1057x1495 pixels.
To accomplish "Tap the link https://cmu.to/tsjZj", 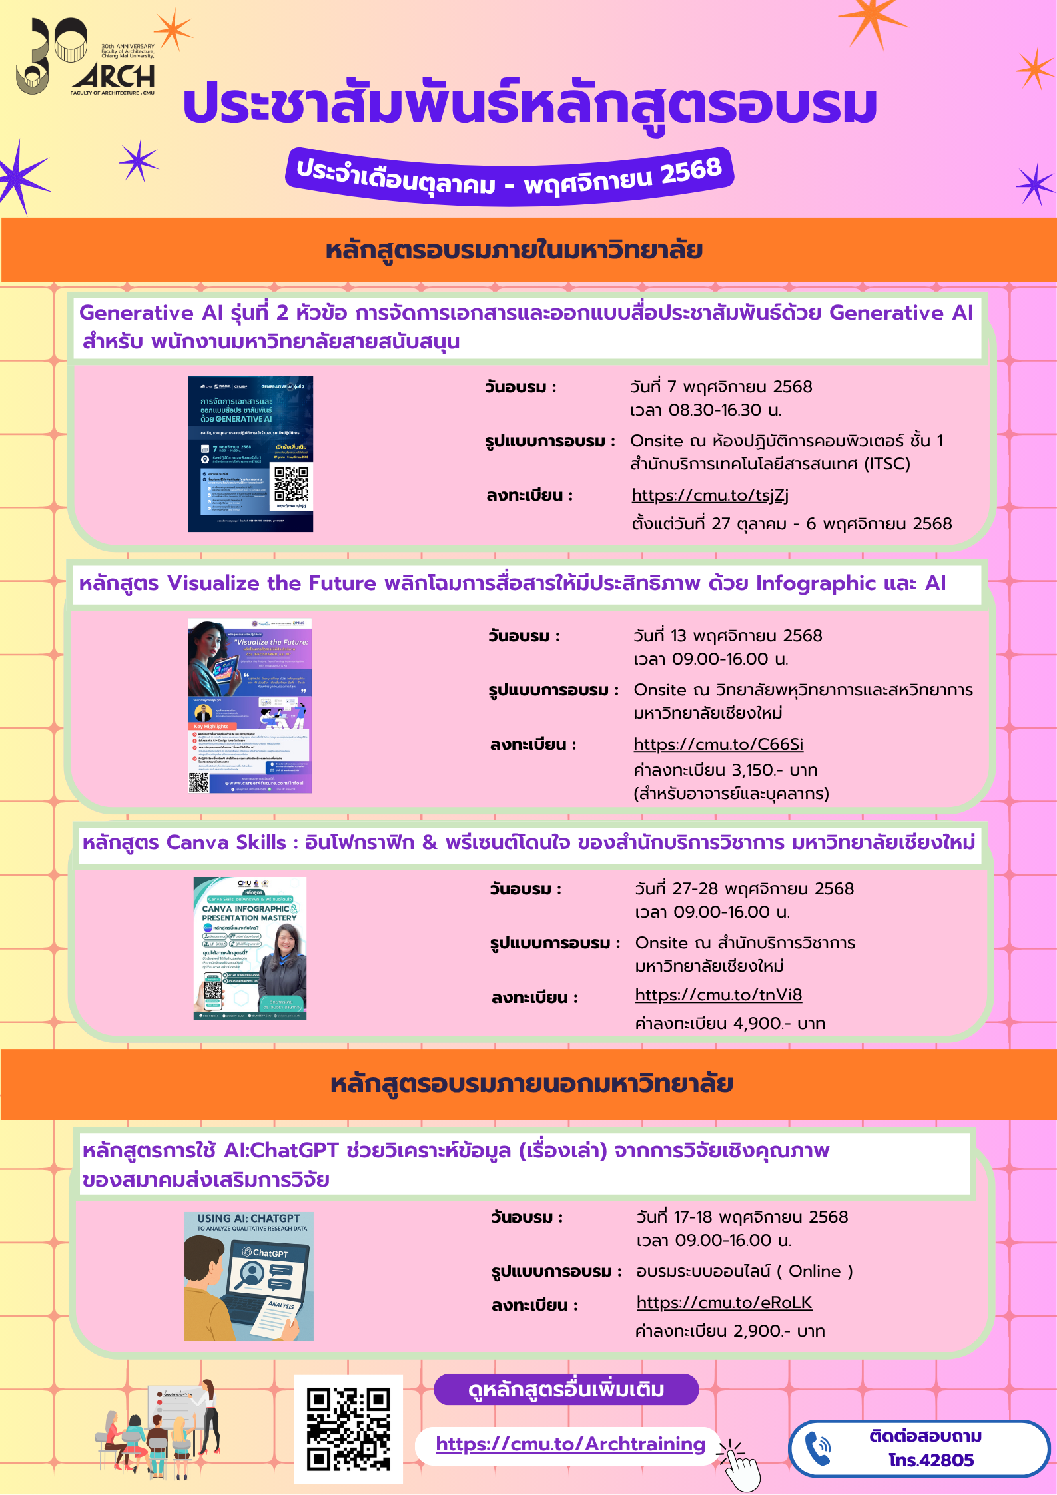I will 709,495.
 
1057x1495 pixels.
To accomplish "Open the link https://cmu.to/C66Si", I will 718,745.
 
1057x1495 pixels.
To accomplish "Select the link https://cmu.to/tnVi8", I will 718,995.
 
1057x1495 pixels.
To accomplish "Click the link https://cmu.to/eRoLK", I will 724,1303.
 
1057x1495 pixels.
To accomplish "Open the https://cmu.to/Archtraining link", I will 570,1444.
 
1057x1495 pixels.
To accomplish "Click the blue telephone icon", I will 818,1448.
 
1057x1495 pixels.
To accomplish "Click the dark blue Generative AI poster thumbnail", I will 250,454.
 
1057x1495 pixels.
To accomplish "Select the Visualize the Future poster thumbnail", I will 250,706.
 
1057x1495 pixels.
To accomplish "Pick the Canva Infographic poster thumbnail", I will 250,948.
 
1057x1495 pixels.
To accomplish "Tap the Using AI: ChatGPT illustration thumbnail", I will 249,1276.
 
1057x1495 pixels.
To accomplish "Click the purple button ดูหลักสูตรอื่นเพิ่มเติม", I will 566,1390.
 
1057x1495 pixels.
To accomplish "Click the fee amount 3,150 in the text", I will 755,770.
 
